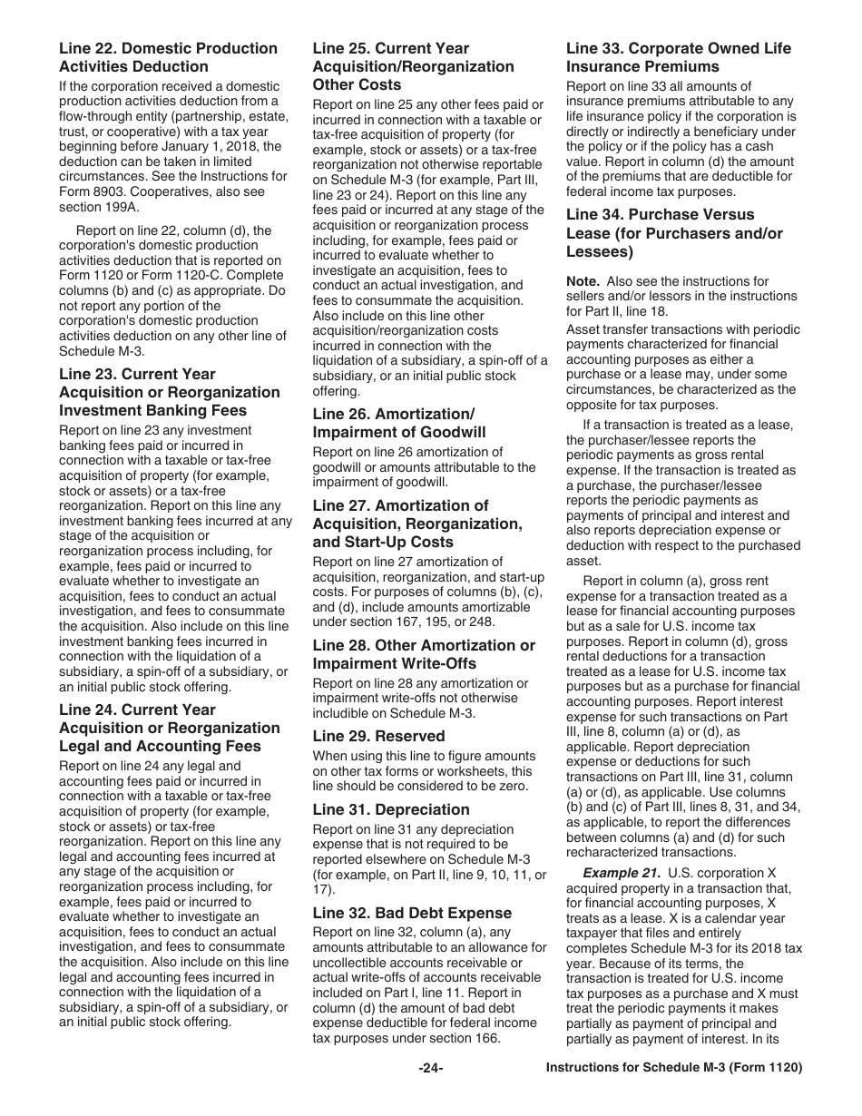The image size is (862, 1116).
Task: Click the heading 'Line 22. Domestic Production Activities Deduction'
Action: [x=168, y=57]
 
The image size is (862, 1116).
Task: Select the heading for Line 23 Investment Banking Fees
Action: [x=169, y=392]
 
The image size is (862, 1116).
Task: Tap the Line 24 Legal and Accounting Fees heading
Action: [x=169, y=728]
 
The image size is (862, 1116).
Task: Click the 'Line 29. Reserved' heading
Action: [x=378, y=736]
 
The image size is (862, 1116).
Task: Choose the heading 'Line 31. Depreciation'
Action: [x=391, y=809]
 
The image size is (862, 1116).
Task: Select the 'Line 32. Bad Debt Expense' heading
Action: [x=412, y=913]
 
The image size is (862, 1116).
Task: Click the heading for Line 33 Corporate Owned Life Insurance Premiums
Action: [x=678, y=57]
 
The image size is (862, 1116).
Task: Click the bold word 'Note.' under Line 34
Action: [x=583, y=281]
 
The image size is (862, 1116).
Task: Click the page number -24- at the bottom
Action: [x=430, y=1068]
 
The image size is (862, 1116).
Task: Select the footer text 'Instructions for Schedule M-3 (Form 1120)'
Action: [x=673, y=1068]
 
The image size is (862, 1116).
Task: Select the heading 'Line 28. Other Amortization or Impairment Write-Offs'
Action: [x=424, y=654]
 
